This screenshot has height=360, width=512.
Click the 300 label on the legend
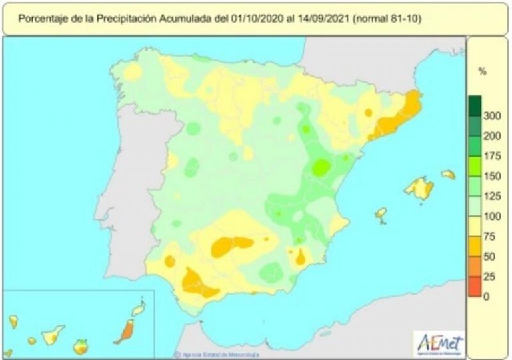click(491, 117)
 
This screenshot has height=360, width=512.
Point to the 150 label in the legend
click(491, 177)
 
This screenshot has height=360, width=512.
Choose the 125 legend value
click(491, 197)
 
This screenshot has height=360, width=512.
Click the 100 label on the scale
click(491, 217)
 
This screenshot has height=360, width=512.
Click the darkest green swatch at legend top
click(475, 105)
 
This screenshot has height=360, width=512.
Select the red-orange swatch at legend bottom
click(475, 287)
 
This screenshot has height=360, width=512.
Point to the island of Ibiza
click(381, 214)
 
